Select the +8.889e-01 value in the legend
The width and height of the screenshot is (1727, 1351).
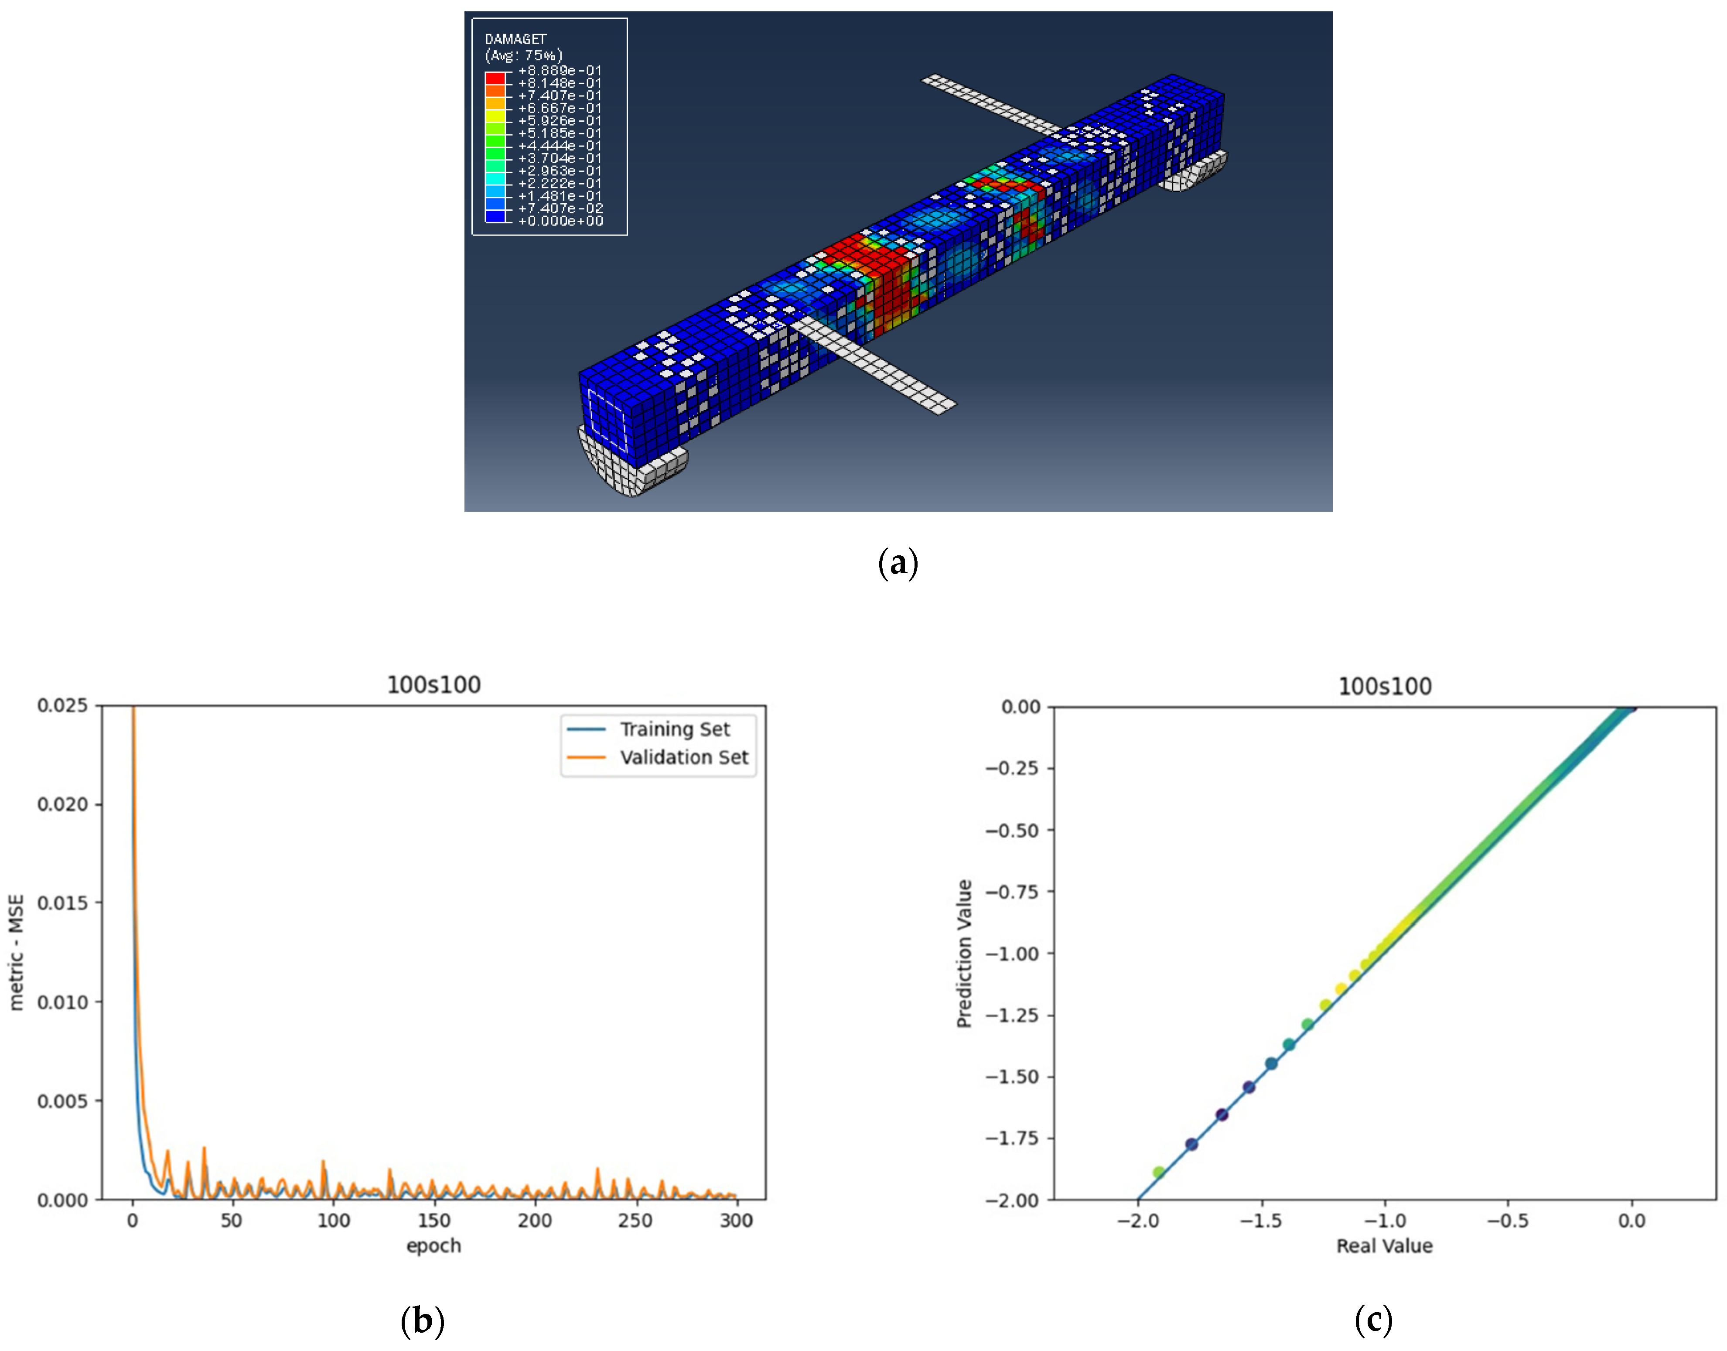pos(560,70)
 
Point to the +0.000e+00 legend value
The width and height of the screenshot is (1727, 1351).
pos(560,221)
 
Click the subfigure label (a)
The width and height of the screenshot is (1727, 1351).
pos(898,563)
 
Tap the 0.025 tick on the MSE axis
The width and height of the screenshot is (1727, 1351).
pos(62,705)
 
